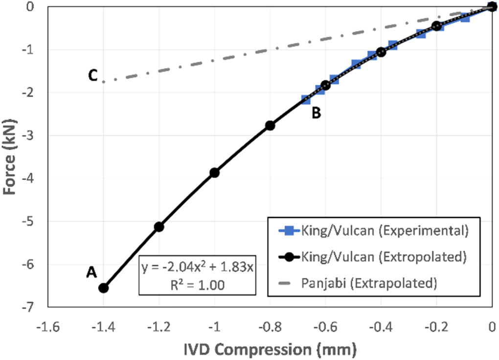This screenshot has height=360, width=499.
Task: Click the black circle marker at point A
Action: click(x=103, y=288)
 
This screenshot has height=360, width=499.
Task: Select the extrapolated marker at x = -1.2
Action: click(x=159, y=226)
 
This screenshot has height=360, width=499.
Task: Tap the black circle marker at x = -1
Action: click(x=214, y=172)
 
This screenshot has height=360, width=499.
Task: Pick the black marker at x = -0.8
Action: click(x=270, y=125)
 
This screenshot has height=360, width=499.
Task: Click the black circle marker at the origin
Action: click(x=492, y=6)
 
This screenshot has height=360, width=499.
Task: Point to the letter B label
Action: click(x=317, y=113)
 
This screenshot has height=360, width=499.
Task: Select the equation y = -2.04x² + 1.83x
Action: click(x=197, y=269)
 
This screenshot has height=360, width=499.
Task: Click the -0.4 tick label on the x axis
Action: click(x=381, y=326)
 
